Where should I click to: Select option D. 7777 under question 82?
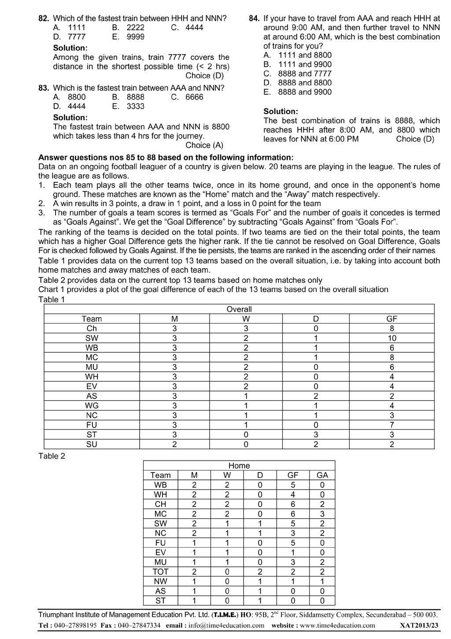click(69, 37)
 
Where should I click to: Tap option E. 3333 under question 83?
click(128, 106)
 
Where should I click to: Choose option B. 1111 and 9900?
click(298, 64)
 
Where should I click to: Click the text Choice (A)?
click(204, 145)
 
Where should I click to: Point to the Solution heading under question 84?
click(281, 111)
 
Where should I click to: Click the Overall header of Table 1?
click(239, 309)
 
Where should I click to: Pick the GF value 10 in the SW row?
click(392, 338)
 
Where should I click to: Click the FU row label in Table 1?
click(92, 425)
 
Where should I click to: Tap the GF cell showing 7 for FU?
click(392, 425)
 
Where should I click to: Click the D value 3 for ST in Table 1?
click(315, 435)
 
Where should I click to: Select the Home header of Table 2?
click(239, 465)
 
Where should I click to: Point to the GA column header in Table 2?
click(322, 475)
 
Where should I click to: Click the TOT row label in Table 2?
click(160, 572)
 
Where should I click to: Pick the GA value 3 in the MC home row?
click(322, 514)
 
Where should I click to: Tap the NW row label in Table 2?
click(160, 581)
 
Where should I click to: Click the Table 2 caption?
click(52, 456)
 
